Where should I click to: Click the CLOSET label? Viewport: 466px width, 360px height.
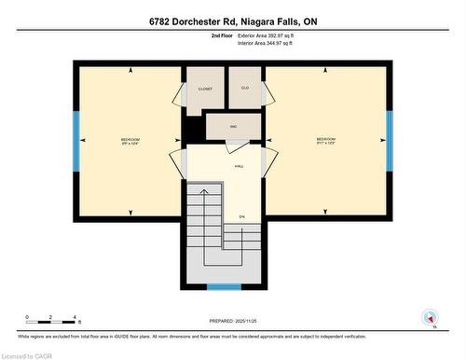[204, 89]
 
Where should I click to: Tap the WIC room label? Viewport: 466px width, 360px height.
[236, 125]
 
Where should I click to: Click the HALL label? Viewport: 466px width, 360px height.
[239, 165]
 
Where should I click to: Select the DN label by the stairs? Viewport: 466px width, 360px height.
[241, 216]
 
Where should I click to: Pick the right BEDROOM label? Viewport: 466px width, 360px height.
[324, 141]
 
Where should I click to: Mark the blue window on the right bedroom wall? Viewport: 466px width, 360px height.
[390, 141]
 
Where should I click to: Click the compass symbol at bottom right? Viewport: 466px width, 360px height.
[430, 317]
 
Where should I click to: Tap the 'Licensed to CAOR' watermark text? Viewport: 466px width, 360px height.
[28, 354]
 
